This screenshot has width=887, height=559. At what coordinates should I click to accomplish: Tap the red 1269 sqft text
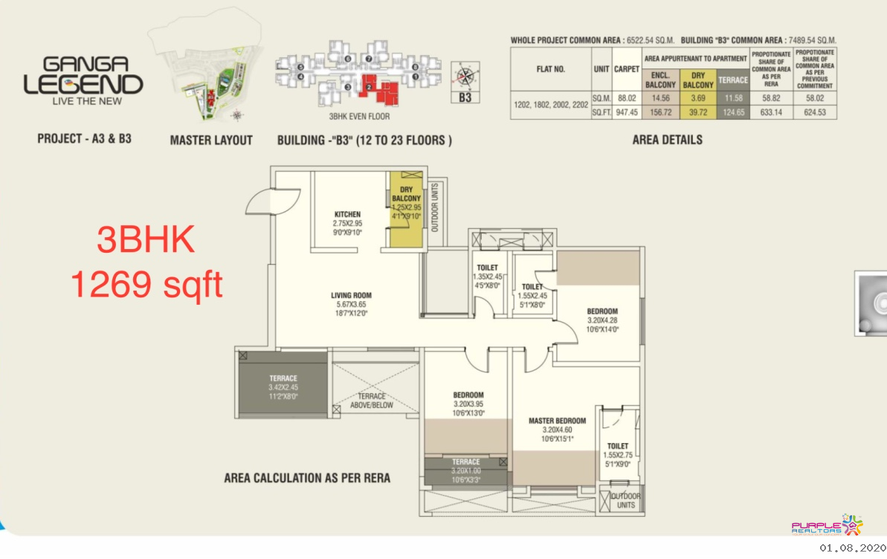pyautogui.click(x=146, y=285)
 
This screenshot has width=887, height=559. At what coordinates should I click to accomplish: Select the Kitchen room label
pyautogui.click(x=347, y=214)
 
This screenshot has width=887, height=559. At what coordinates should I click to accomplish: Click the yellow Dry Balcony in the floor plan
pyautogui.click(x=407, y=207)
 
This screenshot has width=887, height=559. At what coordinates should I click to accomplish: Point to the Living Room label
pyautogui.click(x=351, y=296)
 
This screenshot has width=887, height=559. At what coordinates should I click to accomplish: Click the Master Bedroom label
pyautogui.click(x=557, y=421)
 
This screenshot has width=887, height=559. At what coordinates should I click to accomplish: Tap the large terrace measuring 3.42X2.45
pyautogui.click(x=283, y=387)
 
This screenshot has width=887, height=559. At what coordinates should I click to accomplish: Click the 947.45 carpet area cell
pyautogui.click(x=627, y=113)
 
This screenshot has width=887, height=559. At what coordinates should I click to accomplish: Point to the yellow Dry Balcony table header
pyautogui.click(x=697, y=80)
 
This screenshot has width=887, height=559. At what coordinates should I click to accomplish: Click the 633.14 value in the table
pyautogui.click(x=771, y=113)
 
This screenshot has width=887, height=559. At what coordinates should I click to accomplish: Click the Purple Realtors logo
pyautogui.click(x=827, y=526)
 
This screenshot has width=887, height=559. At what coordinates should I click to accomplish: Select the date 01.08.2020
pyautogui.click(x=848, y=548)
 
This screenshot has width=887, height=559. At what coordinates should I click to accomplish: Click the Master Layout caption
pyautogui.click(x=211, y=140)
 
